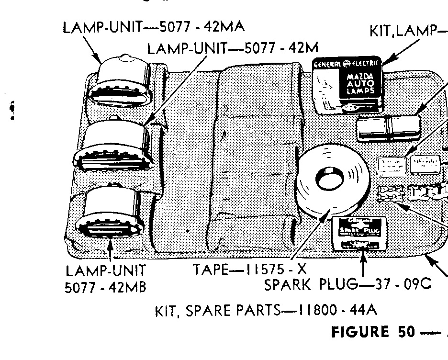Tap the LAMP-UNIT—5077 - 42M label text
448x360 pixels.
click(x=233, y=49)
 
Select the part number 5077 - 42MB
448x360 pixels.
click(x=105, y=287)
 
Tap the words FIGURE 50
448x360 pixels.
click(x=373, y=332)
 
